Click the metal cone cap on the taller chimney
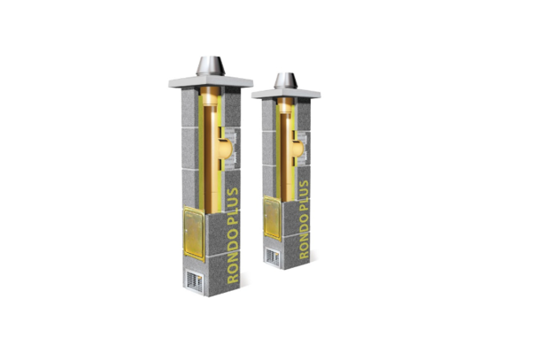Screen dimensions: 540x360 pyautogui.click(x=211, y=66)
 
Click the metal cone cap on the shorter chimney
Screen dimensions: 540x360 pyautogui.click(x=286, y=80)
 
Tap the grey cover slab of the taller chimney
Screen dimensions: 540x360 pyautogui.click(x=211, y=82)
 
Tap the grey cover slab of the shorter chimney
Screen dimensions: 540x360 pyautogui.click(x=286, y=93)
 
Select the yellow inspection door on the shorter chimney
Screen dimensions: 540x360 pyautogui.click(x=273, y=218)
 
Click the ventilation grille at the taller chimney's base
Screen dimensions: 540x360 pyautogui.click(x=195, y=281)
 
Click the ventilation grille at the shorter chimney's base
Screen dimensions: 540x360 pyautogui.click(x=273, y=257)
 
